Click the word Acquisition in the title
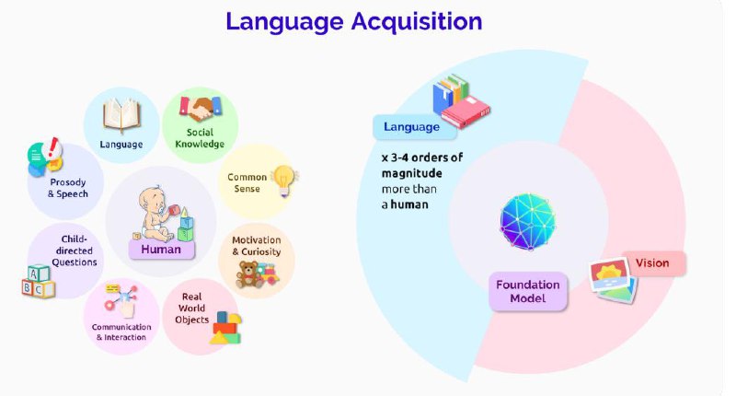417,22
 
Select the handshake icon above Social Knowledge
201,109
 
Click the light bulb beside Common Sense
284,181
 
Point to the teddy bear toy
248,274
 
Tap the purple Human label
161,250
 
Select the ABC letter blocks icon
38,282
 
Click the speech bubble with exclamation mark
45,157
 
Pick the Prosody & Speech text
68,188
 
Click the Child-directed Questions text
75,250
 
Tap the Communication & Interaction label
121,332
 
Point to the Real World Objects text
191,309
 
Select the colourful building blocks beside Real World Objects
226,328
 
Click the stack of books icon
461,101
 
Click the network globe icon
527,221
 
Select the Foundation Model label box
528,291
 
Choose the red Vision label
653,263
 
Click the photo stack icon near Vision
614,281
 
